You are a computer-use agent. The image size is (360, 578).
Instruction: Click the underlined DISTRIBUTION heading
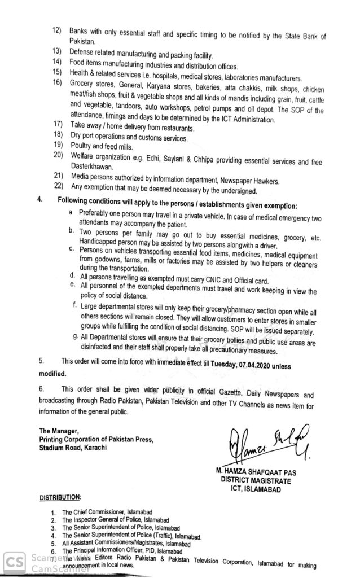click(60, 497)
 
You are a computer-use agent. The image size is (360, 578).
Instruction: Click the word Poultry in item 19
click(82, 144)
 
